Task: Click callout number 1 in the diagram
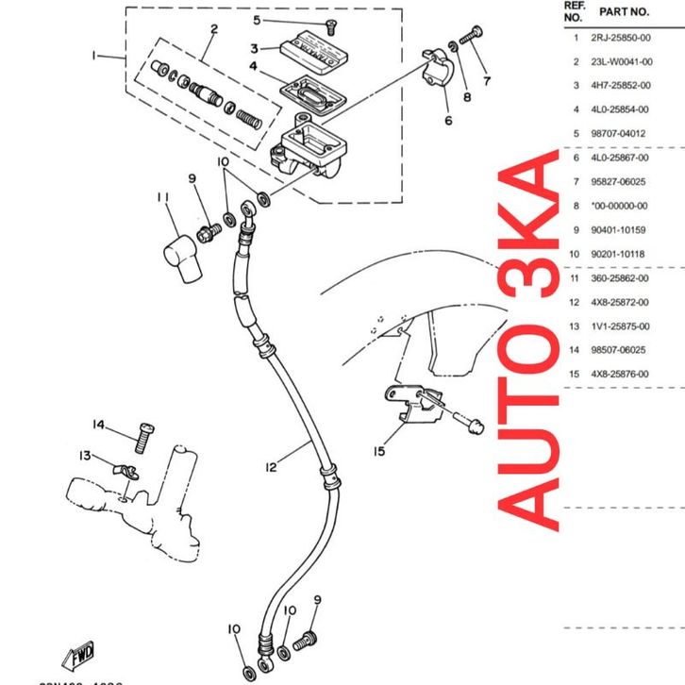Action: point(93,57)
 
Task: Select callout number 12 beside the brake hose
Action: point(271,466)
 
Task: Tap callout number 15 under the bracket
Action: point(378,451)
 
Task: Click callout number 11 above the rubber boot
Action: point(162,197)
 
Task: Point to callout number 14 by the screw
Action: point(99,424)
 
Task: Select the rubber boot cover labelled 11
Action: point(177,256)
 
